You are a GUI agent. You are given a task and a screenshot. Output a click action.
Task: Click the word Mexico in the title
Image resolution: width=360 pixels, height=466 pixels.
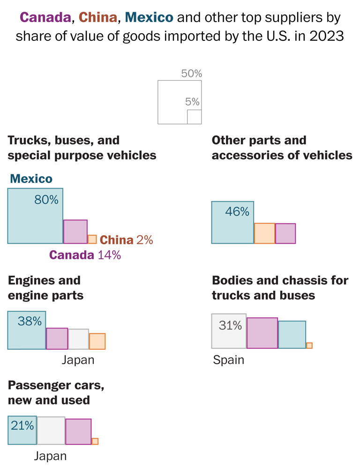150,18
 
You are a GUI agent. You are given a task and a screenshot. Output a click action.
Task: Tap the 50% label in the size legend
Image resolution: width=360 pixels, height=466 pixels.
191,74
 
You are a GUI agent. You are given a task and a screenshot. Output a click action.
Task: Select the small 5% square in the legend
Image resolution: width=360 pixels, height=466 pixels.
194,117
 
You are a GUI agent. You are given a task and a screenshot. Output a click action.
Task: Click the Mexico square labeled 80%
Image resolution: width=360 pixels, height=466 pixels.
35,216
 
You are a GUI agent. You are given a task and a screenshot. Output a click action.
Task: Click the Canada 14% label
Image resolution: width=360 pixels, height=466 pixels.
85,255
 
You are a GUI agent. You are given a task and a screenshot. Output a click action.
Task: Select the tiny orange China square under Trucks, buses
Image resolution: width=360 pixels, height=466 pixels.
92,239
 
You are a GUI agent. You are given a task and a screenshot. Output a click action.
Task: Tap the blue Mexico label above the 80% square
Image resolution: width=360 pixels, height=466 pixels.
31,179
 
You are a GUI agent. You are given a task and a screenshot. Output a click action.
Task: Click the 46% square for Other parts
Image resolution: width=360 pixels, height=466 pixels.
232,222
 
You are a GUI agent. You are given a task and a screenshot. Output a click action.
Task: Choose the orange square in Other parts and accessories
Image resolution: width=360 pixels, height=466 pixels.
264,233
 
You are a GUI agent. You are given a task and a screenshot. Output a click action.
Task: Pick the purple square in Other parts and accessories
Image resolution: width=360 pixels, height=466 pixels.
285,233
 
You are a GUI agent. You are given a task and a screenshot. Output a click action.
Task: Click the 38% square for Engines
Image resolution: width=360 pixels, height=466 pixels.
27,330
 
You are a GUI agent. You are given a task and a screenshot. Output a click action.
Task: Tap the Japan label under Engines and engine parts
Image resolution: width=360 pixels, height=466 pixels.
78,360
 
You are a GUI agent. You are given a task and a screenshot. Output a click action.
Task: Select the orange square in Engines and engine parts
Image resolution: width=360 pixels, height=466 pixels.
97,341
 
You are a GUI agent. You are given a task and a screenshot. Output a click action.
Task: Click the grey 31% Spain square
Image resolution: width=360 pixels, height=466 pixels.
229,331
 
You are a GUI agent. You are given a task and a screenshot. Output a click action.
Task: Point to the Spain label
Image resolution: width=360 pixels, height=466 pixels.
228,360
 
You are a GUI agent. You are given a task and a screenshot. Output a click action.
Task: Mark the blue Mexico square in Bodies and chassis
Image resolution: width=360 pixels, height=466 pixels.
292,335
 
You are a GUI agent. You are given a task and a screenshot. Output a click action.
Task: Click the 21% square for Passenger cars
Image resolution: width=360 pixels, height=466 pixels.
22,430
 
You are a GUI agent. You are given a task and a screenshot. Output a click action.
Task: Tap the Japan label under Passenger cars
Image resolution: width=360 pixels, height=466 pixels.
50,456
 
